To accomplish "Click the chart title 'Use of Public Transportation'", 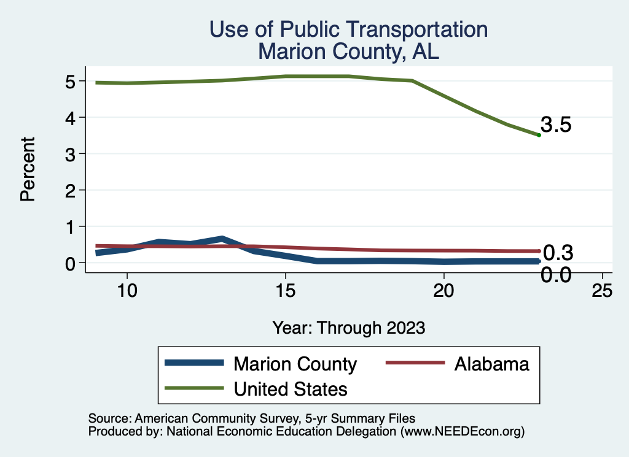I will click(x=348, y=29).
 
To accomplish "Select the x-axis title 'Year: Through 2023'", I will click(x=348, y=328).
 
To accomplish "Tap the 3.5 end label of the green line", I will click(x=557, y=125).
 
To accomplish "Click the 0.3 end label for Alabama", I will click(x=558, y=252).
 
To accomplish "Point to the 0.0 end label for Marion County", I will click(x=556, y=275).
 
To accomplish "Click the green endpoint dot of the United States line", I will click(x=539, y=135).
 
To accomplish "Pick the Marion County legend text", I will click(x=295, y=364).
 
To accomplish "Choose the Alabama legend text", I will click(x=491, y=364).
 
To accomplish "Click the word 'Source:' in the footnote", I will click(x=109, y=418).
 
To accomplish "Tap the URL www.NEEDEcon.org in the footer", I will click(x=462, y=432).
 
